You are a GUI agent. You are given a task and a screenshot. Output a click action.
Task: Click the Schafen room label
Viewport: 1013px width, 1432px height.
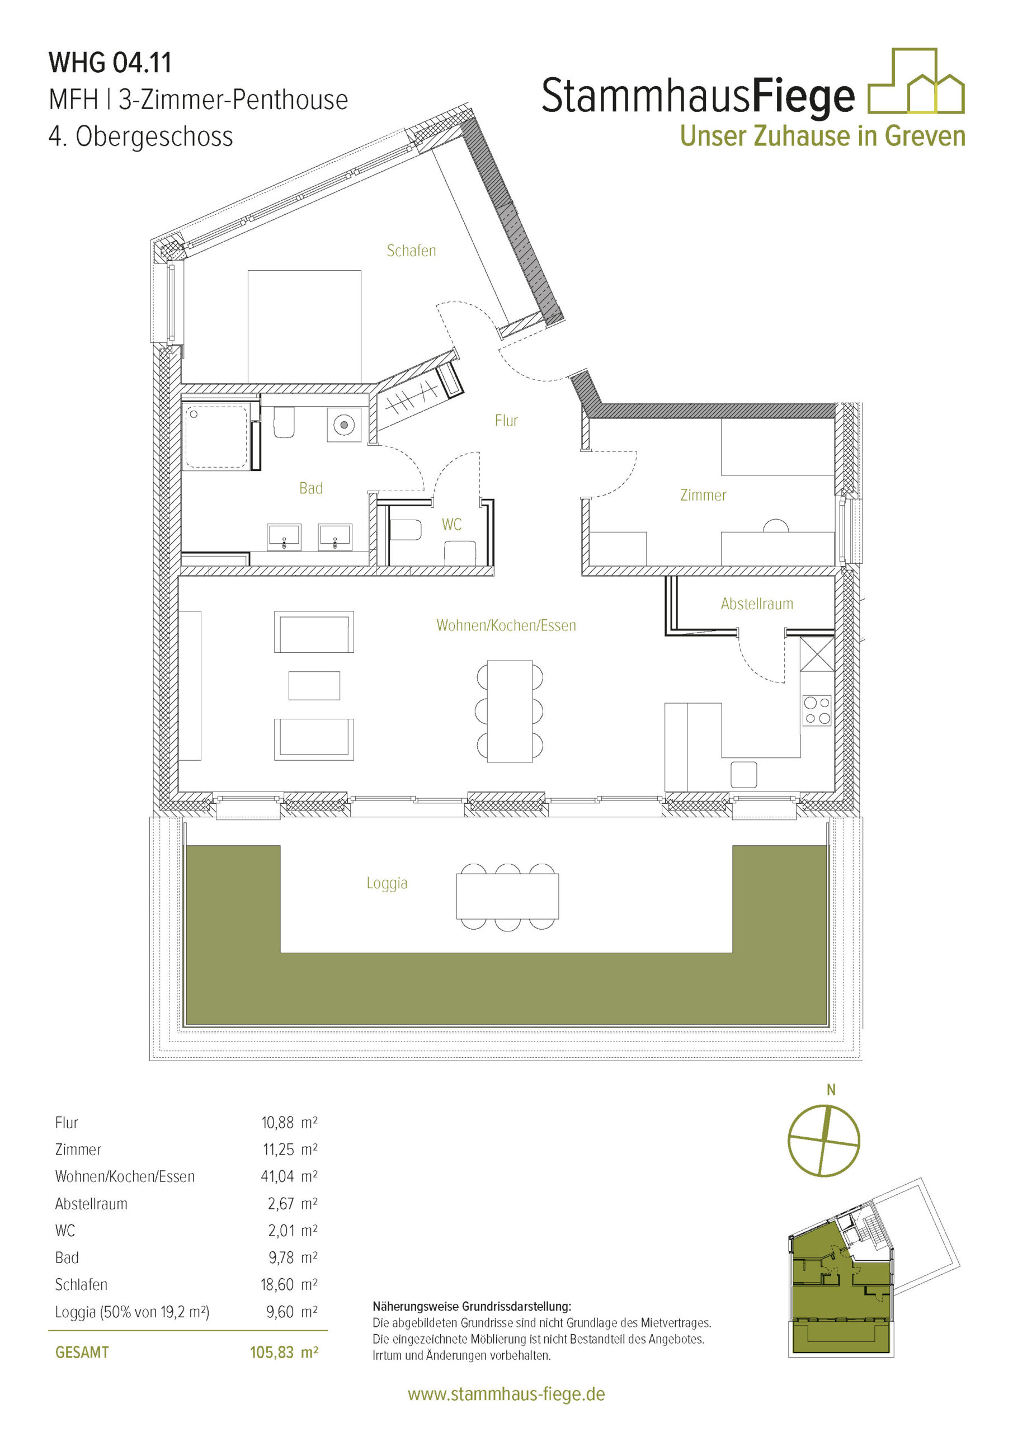click(411, 251)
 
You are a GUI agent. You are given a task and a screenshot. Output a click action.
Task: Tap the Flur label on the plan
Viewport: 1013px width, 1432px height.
click(506, 420)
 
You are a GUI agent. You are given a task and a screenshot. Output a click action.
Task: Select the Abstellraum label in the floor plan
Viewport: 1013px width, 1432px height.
click(757, 604)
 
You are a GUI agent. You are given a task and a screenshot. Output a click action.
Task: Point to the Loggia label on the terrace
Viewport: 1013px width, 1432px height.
click(387, 883)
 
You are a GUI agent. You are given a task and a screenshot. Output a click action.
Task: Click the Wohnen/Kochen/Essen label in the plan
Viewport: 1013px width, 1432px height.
click(506, 625)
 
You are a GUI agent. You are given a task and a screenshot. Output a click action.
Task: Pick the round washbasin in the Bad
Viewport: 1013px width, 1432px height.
click(343, 425)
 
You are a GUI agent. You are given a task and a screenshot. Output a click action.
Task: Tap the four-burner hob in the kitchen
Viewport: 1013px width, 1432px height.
click(817, 710)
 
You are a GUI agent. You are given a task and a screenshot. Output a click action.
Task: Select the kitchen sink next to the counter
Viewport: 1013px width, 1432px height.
click(743, 775)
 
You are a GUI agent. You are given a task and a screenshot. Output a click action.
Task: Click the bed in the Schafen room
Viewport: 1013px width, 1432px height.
click(304, 326)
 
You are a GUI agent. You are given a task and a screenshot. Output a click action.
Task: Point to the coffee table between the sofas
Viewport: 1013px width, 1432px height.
click(314, 685)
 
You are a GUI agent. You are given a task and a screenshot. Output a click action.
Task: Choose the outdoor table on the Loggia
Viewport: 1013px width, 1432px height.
click(507, 896)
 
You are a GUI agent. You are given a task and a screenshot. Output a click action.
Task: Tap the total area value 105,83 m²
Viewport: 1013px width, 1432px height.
click(284, 1352)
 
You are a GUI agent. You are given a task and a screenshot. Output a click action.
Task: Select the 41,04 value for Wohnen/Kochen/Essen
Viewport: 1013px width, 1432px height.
click(277, 1176)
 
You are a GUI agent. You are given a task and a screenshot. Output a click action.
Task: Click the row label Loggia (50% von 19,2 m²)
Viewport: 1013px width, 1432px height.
click(132, 1312)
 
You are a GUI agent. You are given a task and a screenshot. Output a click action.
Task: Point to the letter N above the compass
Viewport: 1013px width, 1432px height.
click(831, 1090)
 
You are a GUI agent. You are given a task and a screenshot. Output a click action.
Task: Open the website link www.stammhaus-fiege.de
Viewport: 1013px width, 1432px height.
click(506, 1395)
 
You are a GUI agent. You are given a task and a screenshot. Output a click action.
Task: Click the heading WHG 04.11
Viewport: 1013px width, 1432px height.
click(110, 62)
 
